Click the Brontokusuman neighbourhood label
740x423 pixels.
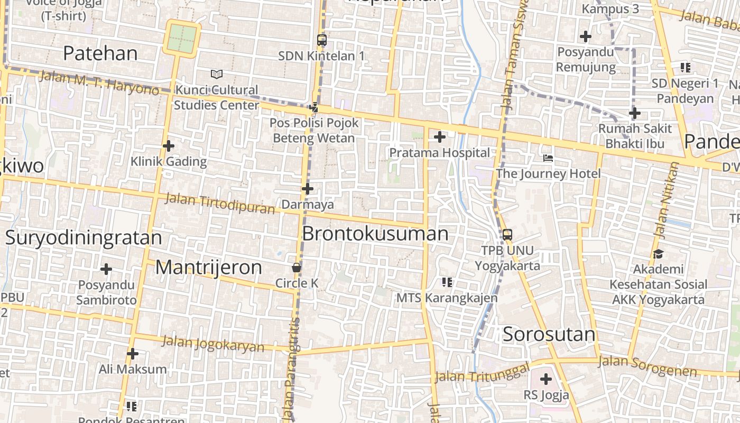[x=375, y=233]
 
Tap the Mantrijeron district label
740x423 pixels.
[x=209, y=267]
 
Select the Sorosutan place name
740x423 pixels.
[x=549, y=334]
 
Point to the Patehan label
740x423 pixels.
[x=100, y=53]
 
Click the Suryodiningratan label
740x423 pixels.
[x=84, y=237]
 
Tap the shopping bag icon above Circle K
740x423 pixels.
[x=297, y=268]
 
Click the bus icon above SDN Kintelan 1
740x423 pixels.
[x=321, y=40]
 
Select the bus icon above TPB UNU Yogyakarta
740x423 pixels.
[x=507, y=234]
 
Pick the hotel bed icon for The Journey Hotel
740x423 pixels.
[x=548, y=158]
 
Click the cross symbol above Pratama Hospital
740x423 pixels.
[x=439, y=137]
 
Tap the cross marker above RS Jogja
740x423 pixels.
[x=546, y=379]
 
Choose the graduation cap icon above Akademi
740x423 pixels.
[x=658, y=254]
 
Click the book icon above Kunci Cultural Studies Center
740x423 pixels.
[x=217, y=74]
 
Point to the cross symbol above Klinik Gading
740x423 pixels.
[x=169, y=145]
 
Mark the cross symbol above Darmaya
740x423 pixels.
[x=307, y=188]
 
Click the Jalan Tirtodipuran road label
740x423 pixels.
[x=220, y=204]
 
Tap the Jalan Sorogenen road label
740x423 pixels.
[x=647, y=366]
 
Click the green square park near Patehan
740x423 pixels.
[x=182, y=38]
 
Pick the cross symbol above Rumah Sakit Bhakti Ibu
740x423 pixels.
[x=634, y=113]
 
